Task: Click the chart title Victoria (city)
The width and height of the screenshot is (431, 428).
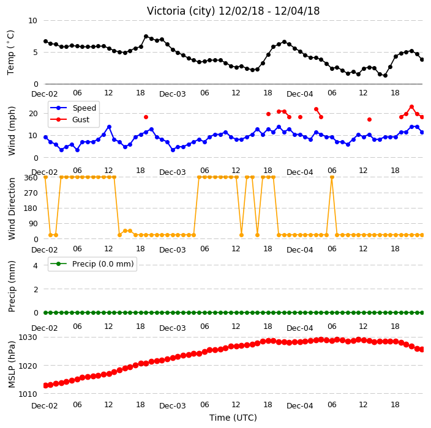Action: pos(181,11)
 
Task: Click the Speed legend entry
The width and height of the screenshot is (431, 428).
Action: pos(73,108)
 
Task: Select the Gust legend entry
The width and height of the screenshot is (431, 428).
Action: pos(70,119)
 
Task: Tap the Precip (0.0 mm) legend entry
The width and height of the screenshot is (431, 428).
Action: pos(92,264)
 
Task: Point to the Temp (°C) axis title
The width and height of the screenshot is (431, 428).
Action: pos(10,53)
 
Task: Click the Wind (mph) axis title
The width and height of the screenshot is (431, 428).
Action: pos(12,131)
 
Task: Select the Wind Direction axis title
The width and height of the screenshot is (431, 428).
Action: pos(12,209)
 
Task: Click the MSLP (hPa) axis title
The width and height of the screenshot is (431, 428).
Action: pos(12,364)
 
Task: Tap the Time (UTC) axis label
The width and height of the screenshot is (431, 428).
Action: pos(233,418)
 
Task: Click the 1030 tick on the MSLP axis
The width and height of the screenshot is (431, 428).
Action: pos(28,337)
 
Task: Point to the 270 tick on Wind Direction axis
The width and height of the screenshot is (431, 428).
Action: pos(31,193)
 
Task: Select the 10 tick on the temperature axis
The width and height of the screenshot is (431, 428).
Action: pos(32,21)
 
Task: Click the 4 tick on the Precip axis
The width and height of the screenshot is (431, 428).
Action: pos(36,265)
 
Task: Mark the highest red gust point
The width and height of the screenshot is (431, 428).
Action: pos(411,107)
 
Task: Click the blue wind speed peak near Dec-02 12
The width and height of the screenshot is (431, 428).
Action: pos(109,127)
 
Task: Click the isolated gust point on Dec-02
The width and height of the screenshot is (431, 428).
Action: pos(146,117)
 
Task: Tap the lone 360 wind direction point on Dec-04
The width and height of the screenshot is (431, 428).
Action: pos(332,177)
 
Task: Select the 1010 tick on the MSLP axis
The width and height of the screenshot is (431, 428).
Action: pos(28,394)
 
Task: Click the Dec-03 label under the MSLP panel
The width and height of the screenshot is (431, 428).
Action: pos(173,406)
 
